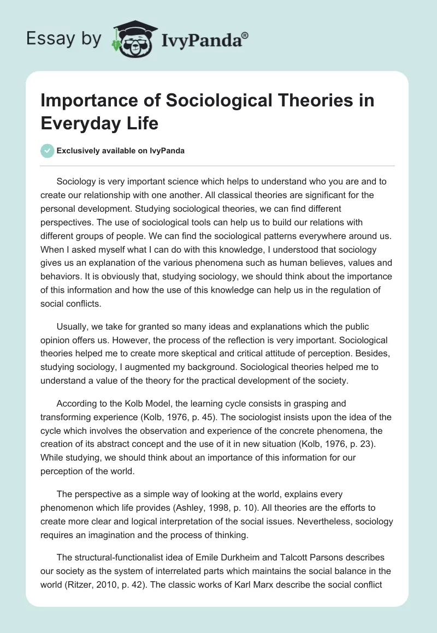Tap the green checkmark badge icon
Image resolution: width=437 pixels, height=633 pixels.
click(x=48, y=151)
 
